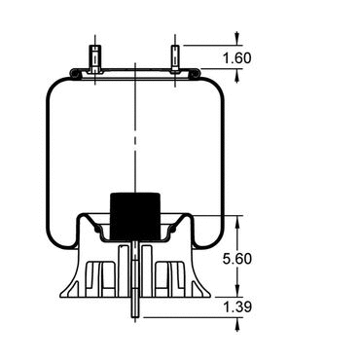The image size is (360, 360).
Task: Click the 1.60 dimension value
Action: tap(237, 58)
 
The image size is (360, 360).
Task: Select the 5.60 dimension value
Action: tap(237, 259)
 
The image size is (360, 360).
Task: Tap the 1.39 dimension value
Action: tap(237, 306)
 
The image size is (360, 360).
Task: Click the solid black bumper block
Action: tap(135, 217)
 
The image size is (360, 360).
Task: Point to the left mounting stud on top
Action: tap(95, 58)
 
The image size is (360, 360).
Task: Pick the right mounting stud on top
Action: tap(175, 58)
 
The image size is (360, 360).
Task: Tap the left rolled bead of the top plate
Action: tap(76, 74)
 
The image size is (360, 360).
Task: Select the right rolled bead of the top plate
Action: tap(195, 74)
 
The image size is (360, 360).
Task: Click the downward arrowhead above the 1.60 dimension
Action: tap(237, 38)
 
